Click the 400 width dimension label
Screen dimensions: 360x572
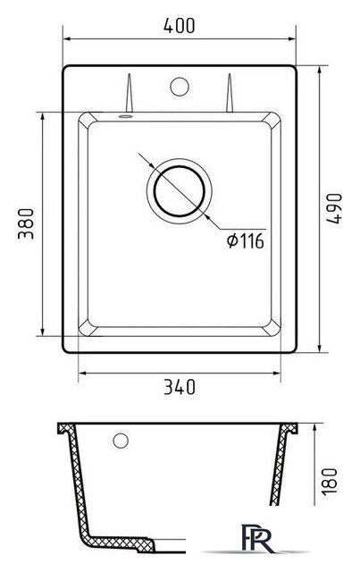(x=179, y=26)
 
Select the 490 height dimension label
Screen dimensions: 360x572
(x=334, y=208)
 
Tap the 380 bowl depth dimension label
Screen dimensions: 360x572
(x=26, y=223)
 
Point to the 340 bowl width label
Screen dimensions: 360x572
(x=179, y=387)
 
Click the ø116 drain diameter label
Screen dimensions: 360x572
(x=245, y=241)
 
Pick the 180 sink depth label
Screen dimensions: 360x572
(x=330, y=481)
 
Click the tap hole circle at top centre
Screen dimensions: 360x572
(x=180, y=87)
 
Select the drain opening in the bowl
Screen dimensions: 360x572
(x=180, y=191)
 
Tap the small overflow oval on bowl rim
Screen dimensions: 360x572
(x=125, y=116)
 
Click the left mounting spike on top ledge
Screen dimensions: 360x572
(x=130, y=93)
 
